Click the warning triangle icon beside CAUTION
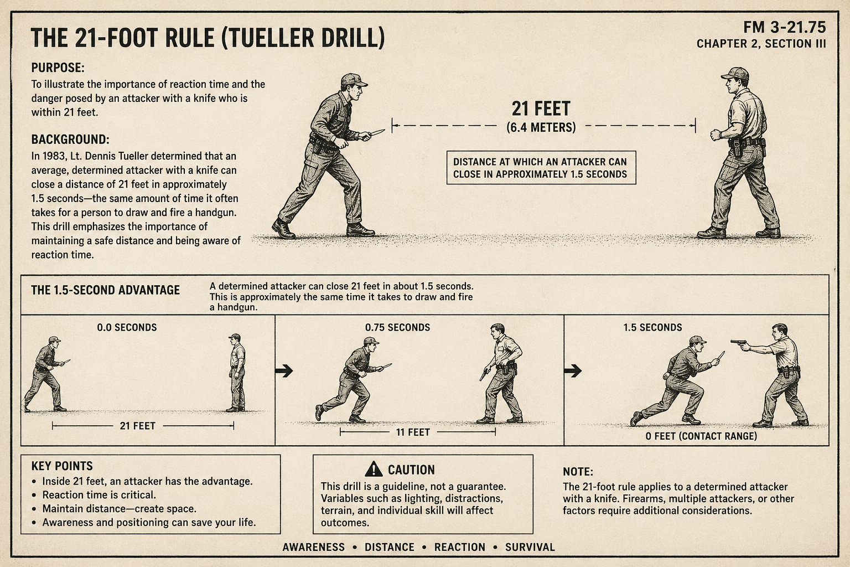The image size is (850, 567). (x=374, y=469)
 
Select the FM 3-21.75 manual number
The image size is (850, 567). (x=784, y=27)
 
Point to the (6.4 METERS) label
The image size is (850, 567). (x=541, y=127)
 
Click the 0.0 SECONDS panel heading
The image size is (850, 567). (x=127, y=327)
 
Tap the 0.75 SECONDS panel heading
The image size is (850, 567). (x=398, y=327)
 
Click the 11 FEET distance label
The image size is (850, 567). (x=413, y=432)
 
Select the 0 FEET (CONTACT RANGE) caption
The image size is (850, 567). (x=701, y=436)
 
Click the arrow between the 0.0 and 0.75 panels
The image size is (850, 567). (x=284, y=370)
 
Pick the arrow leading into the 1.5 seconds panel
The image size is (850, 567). (x=573, y=370)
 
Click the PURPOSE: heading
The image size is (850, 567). (x=58, y=68)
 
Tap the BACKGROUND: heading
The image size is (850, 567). (x=70, y=140)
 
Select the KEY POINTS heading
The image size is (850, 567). (x=62, y=466)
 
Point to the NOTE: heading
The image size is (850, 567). (x=578, y=472)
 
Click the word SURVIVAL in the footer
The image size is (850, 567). (x=530, y=547)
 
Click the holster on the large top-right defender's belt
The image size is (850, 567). (x=737, y=147)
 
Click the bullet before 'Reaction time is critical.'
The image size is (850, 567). (x=34, y=495)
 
